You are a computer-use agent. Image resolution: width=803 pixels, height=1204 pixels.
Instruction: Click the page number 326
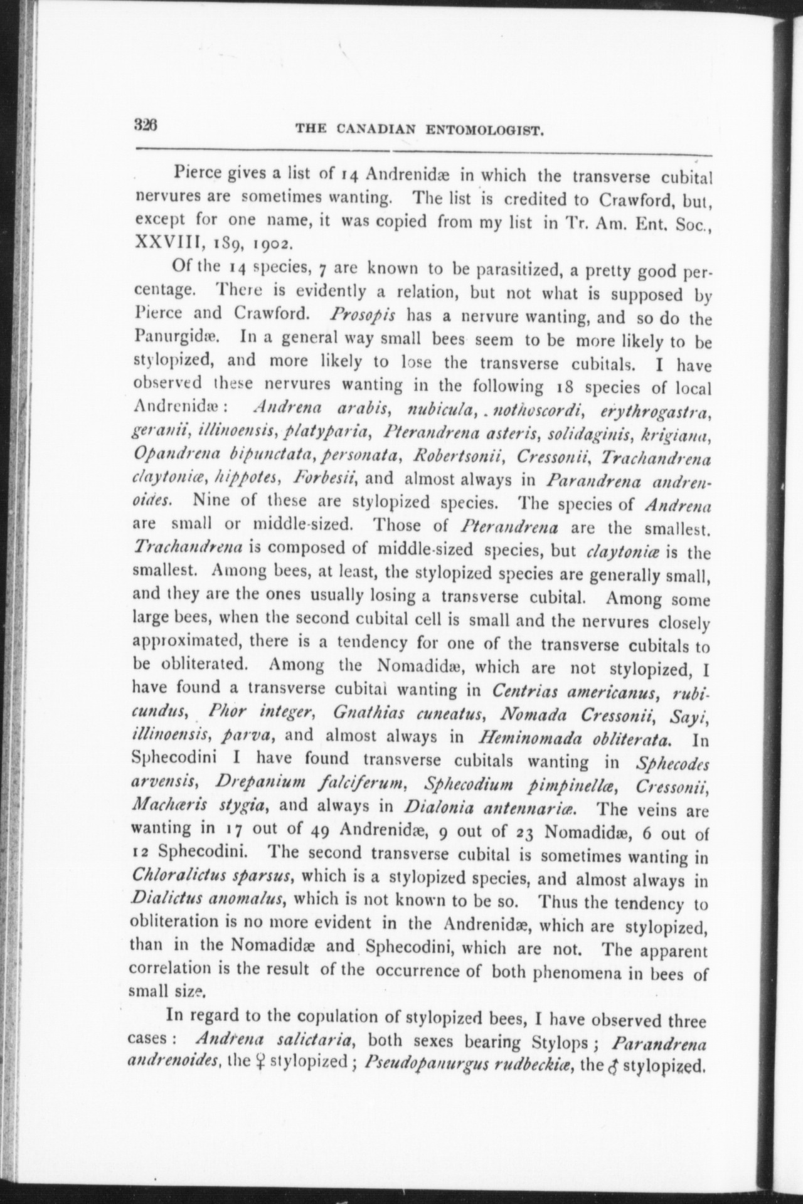pos(148,124)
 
